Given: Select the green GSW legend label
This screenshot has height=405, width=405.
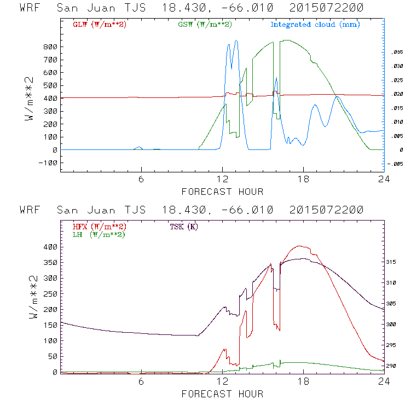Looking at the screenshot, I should [x=204, y=25].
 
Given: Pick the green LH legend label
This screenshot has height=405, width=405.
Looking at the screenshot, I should [x=99, y=234].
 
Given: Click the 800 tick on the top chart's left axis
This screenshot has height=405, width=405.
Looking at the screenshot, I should [x=50, y=47].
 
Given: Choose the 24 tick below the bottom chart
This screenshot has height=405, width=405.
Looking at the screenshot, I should [x=384, y=382].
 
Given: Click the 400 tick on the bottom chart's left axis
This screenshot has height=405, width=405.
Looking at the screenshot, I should [x=50, y=247].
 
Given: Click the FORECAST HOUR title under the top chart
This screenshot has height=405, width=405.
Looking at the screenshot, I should [x=222, y=192].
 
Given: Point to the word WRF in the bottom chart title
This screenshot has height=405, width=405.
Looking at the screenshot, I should [x=30, y=210].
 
